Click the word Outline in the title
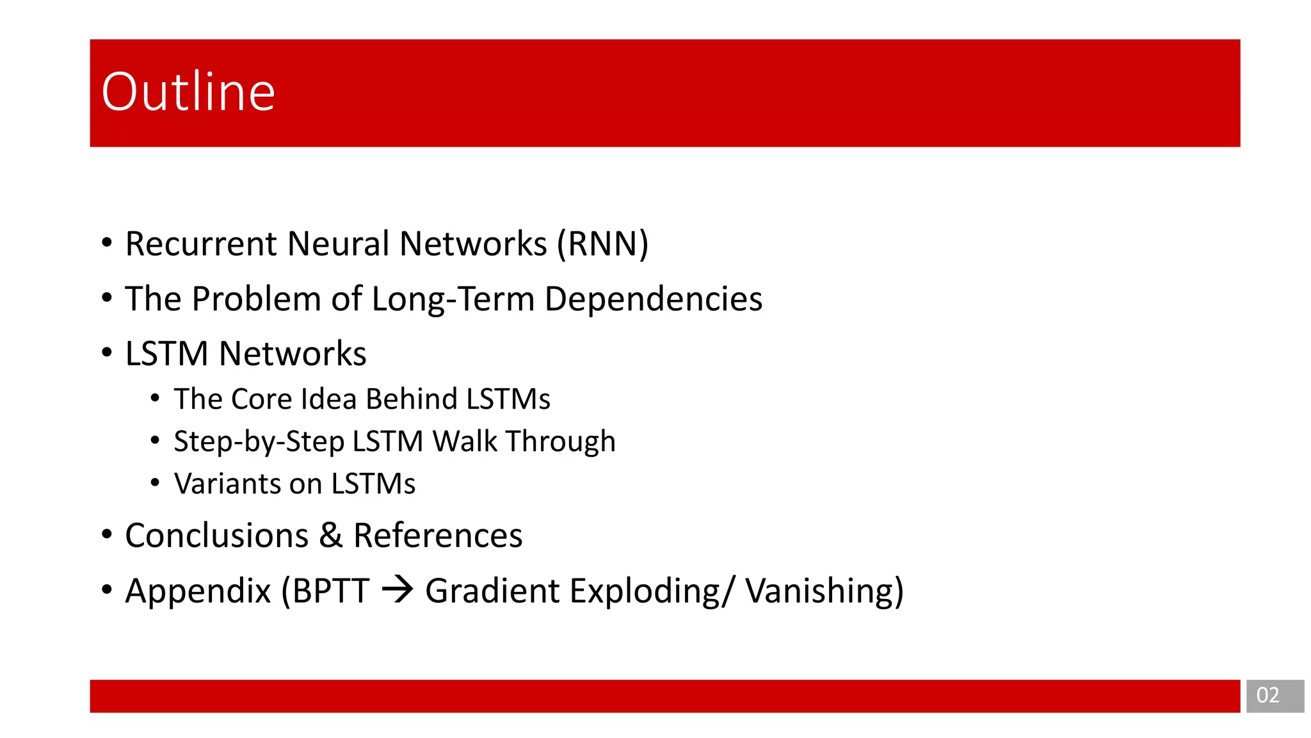[188, 92]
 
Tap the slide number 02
[1267, 696]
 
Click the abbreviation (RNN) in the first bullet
[603, 244]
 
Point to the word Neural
[339, 244]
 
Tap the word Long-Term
[453, 299]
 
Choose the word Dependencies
[654, 299]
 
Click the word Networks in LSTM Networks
[293, 354]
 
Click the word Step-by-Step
[259, 442]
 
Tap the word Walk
[465, 441]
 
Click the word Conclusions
[216, 536]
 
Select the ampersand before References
[330, 536]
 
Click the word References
[438, 536]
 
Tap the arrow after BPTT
[398, 590]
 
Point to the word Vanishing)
[824, 591]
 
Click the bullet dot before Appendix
[107, 589]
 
